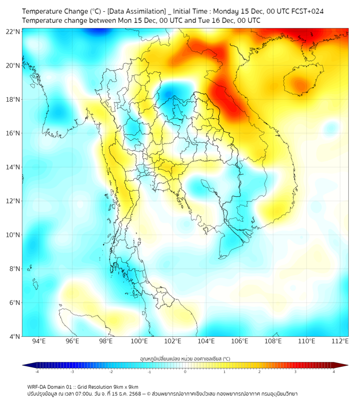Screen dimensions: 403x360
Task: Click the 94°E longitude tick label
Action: (x=39, y=342)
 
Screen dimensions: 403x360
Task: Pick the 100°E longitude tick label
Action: (x=139, y=342)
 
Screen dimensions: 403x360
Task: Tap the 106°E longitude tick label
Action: (x=240, y=342)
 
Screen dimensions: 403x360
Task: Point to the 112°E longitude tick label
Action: (x=340, y=342)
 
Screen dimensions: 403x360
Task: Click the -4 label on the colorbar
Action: (x=37, y=372)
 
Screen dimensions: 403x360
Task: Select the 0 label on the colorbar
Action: (x=185, y=372)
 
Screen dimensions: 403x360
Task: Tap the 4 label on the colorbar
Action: (x=334, y=372)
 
